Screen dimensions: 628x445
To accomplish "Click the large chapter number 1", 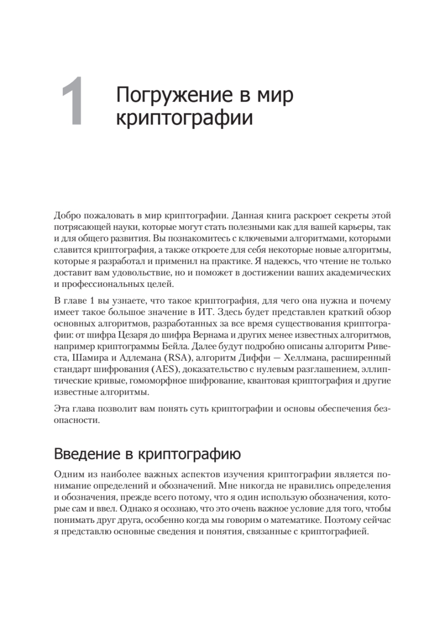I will click(x=73, y=102).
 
